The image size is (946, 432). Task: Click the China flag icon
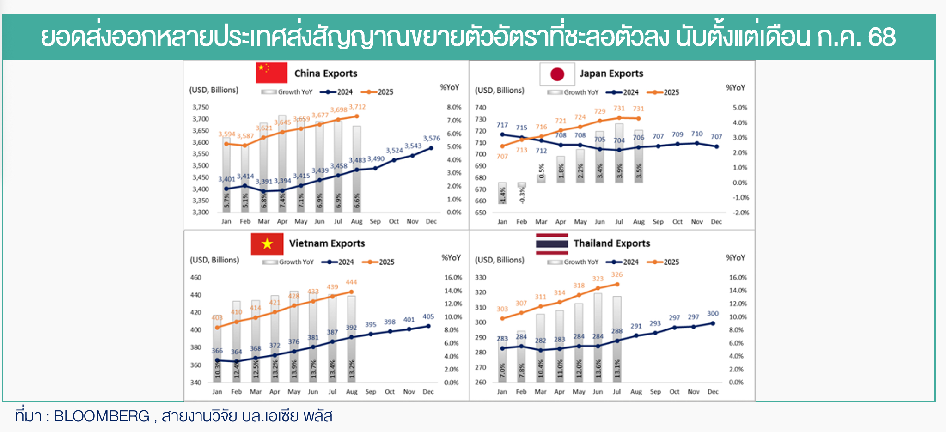click(x=271, y=73)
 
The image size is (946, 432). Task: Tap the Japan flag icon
click(x=557, y=74)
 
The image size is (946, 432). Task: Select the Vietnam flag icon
click(x=267, y=243)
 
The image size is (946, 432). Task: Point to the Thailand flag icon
click(x=552, y=243)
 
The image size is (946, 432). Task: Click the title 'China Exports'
click(x=326, y=73)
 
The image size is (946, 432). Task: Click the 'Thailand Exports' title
click(x=611, y=243)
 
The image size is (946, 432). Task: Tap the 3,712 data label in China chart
click(x=357, y=107)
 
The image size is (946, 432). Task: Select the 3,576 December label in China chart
click(x=431, y=138)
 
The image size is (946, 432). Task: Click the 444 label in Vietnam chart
click(x=351, y=282)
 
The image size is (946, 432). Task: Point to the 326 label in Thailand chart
click(x=616, y=274)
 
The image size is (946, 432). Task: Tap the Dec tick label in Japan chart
click(x=716, y=222)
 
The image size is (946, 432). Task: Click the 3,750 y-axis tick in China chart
click(x=201, y=107)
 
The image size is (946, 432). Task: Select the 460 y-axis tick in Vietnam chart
click(x=196, y=278)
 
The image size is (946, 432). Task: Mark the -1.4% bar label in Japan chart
click(x=502, y=195)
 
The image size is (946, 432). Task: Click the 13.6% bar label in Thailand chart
click(x=598, y=369)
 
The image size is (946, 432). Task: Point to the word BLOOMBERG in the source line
click(x=102, y=416)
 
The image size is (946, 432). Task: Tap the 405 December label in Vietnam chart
click(x=428, y=317)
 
